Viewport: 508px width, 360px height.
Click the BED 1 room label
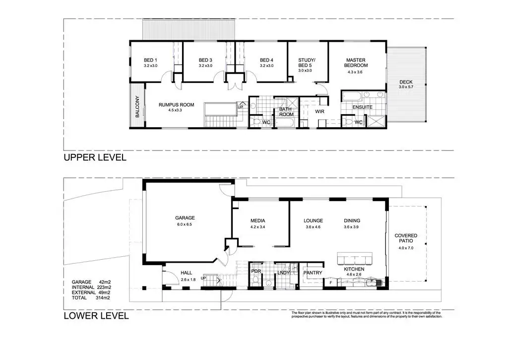click(x=150, y=60)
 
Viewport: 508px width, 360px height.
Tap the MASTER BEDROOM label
click(x=356, y=63)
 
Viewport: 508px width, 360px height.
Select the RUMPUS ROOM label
click(x=176, y=105)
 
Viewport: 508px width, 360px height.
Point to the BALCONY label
click(x=137, y=106)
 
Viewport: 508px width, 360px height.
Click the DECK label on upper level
click(x=406, y=82)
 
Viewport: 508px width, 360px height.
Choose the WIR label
click(x=319, y=112)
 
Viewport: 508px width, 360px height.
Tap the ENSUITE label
click(x=362, y=107)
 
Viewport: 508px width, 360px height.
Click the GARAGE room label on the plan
click(x=185, y=218)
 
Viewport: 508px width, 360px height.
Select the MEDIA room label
click(x=257, y=221)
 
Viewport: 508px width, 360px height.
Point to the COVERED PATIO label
click(x=406, y=238)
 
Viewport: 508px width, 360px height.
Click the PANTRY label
click(x=313, y=273)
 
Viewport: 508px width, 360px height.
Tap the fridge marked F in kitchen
click(x=331, y=283)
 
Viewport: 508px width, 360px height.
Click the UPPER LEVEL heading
click(x=95, y=157)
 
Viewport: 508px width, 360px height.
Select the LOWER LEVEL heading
click(x=96, y=316)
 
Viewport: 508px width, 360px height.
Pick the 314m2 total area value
click(x=103, y=298)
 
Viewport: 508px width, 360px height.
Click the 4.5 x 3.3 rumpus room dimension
click(x=175, y=110)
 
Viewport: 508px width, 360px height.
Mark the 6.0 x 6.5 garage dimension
click(x=185, y=224)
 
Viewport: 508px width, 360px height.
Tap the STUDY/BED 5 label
click(x=307, y=63)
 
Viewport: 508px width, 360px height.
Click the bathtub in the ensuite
click(x=352, y=96)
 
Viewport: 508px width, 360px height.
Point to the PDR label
click(x=256, y=272)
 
